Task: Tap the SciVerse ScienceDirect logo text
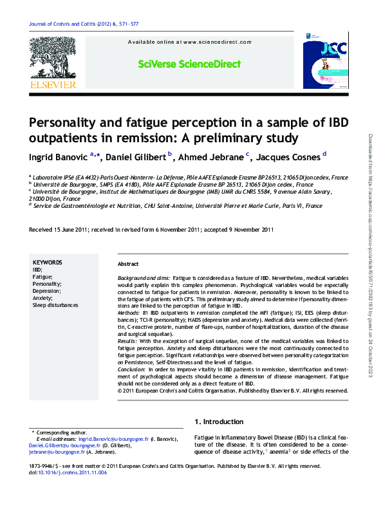[x=189, y=64]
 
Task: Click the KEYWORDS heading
[x=47, y=263]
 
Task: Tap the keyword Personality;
[x=47, y=284]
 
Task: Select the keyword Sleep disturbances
[x=55, y=305]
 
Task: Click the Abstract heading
[x=128, y=265]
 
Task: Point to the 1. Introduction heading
[x=219, y=422]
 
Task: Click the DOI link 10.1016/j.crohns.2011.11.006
[x=74, y=473]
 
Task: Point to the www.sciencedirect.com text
[x=217, y=42]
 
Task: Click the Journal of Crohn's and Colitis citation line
[x=84, y=24]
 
